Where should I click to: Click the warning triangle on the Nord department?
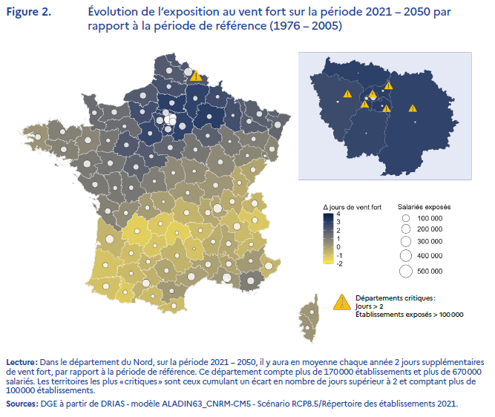(x=195, y=76)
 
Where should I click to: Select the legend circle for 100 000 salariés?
(x=405, y=218)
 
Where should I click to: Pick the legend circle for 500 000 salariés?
(x=405, y=271)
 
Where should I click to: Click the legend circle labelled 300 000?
(x=405, y=241)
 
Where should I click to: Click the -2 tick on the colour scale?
(x=338, y=263)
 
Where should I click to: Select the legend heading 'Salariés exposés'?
(x=424, y=206)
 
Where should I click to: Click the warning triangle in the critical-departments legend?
(x=341, y=302)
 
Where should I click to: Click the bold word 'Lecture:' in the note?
(x=19, y=363)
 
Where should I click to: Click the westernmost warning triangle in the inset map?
(x=347, y=93)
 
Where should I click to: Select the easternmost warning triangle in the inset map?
(x=413, y=108)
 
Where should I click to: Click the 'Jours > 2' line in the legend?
(x=370, y=306)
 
